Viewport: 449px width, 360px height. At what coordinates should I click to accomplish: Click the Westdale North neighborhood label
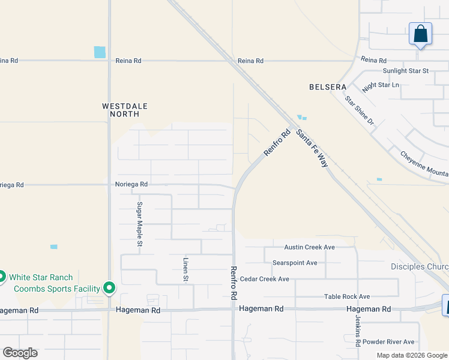[x=124, y=110]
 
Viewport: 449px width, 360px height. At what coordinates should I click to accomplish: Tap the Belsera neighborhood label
[x=328, y=87]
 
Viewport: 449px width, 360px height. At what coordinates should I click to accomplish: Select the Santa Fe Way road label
[x=312, y=148]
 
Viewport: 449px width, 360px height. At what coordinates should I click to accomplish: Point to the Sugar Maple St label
[x=139, y=224]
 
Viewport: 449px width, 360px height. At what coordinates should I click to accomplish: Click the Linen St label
[x=185, y=270]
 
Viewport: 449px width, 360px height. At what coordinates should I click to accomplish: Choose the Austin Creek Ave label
[x=309, y=247]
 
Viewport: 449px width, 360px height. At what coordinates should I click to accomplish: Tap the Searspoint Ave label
[x=294, y=263]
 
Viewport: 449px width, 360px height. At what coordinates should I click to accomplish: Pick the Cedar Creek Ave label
[x=264, y=279]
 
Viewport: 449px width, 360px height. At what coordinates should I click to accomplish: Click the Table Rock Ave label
[x=347, y=296]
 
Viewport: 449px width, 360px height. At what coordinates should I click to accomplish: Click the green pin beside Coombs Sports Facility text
[x=109, y=289]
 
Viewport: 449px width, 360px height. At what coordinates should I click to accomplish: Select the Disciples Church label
[x=419, y=266]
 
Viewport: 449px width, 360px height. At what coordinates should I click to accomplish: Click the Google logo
[x=20, y=353]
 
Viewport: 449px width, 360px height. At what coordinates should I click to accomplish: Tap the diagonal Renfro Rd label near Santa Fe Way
[x=277, y=144]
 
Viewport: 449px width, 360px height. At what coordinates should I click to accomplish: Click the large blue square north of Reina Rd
[x=100, y=52]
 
